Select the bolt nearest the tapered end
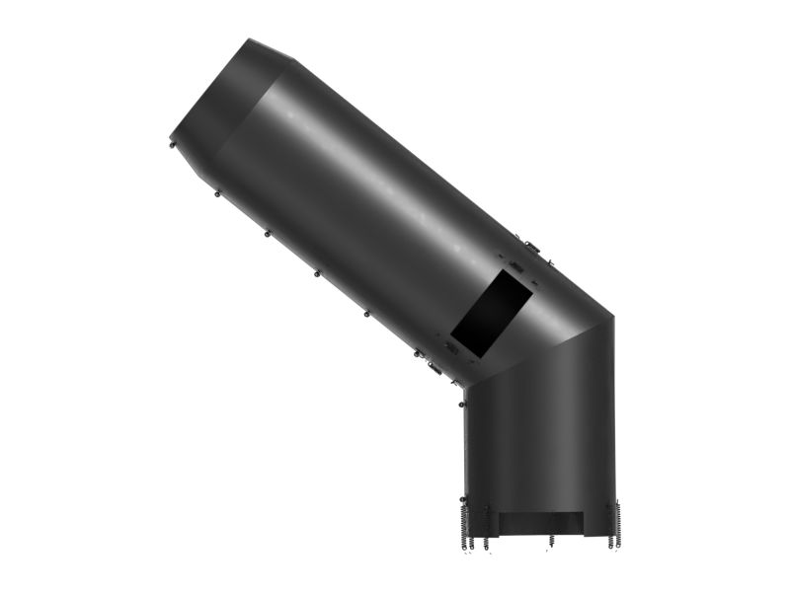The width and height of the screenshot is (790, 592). coord(174,144)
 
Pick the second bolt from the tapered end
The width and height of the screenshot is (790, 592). coord(217,193)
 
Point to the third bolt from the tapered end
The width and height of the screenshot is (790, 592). coord(267,234)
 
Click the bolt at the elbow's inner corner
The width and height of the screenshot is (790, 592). coord(462,403)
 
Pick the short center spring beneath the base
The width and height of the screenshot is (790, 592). coord(551,541)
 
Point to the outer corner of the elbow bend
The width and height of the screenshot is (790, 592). coord(612,317)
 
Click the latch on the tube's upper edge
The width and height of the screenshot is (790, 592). coord(531,247)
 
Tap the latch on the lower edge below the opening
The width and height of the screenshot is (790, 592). coord(433,368)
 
